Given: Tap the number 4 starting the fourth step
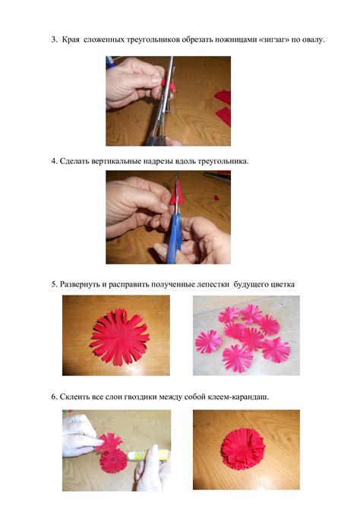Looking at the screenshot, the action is (54, 161).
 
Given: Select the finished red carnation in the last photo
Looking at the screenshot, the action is (243, 449).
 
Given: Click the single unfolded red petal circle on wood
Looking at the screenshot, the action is (120, 337).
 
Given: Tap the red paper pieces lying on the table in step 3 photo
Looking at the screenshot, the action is (223, 107).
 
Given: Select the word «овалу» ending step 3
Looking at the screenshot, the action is (313, 40).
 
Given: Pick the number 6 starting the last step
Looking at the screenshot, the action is (54, 397).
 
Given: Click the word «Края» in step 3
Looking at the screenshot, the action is (71, 40).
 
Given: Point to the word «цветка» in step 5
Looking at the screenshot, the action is (282, 284).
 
